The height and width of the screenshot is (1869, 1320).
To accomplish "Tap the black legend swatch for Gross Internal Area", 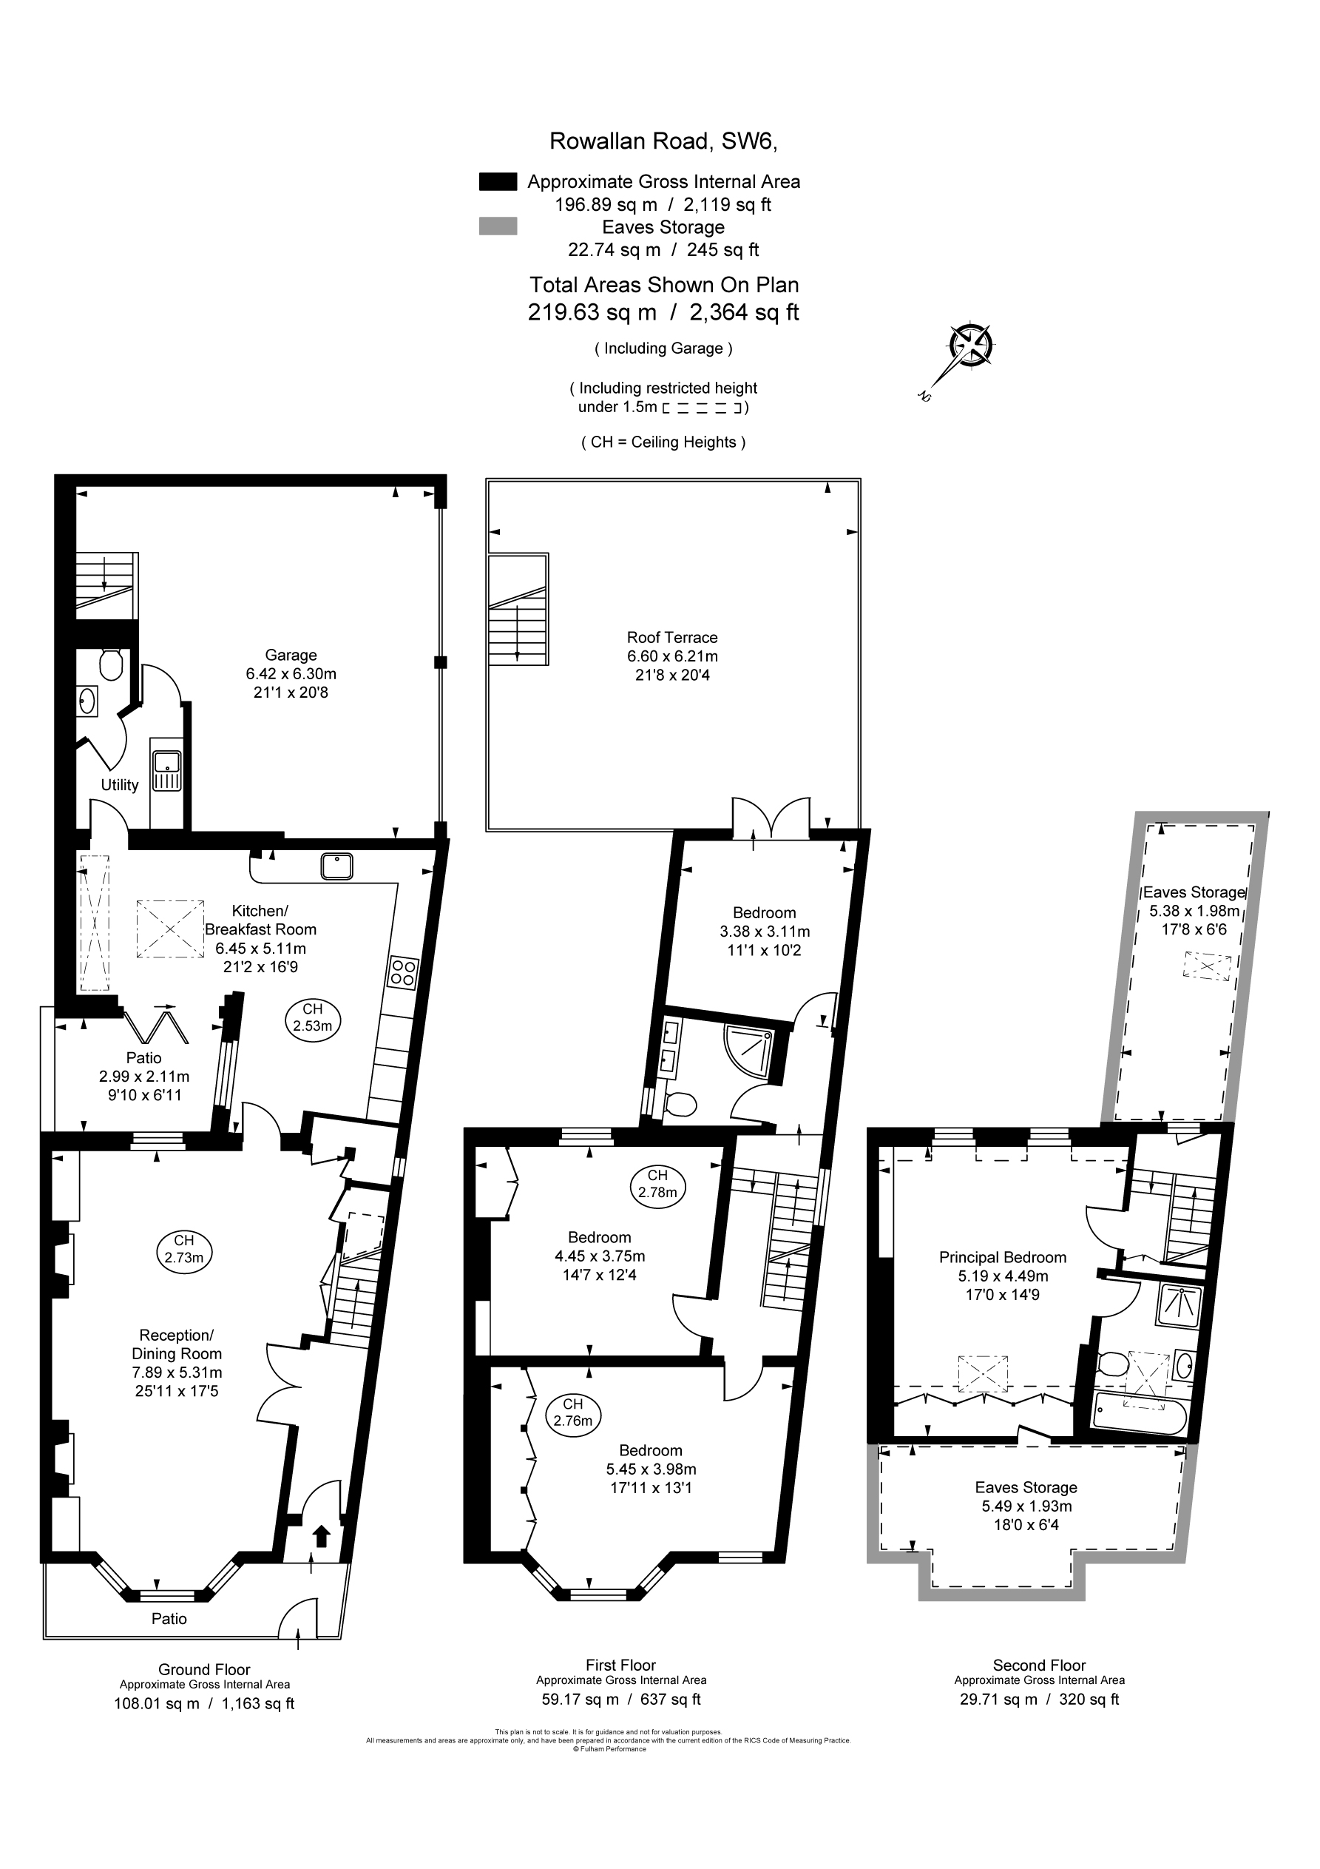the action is tap(498, 181).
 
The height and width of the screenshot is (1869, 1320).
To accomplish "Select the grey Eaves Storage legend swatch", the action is tap(498, 226).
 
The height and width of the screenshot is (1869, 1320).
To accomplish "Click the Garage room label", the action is tap(291, 656).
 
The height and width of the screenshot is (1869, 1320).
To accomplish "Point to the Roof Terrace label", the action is tap(672, 637).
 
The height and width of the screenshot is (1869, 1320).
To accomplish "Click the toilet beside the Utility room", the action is tap(110, 664).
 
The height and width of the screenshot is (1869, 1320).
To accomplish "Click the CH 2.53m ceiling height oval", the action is tap(313, 1018).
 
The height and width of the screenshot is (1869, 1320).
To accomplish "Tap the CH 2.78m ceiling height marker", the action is tap(657, 1185).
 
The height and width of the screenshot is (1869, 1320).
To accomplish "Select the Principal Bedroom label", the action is tap(1003, 1258).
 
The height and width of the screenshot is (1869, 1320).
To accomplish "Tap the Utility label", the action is tap(120, 786).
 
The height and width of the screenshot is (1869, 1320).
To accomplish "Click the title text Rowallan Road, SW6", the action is tap(663, 141).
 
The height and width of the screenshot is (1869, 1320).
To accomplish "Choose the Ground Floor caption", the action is tap(204, 1669).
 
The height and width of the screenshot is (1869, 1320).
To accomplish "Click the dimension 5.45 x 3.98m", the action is tap(651, 1469).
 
